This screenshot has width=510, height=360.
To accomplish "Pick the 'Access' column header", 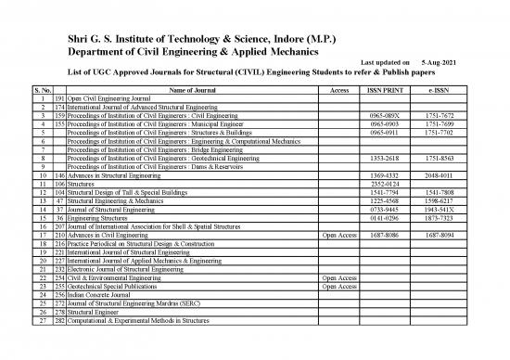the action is coord(338,88).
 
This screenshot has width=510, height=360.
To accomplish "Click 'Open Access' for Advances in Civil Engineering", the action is coord(338,236).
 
